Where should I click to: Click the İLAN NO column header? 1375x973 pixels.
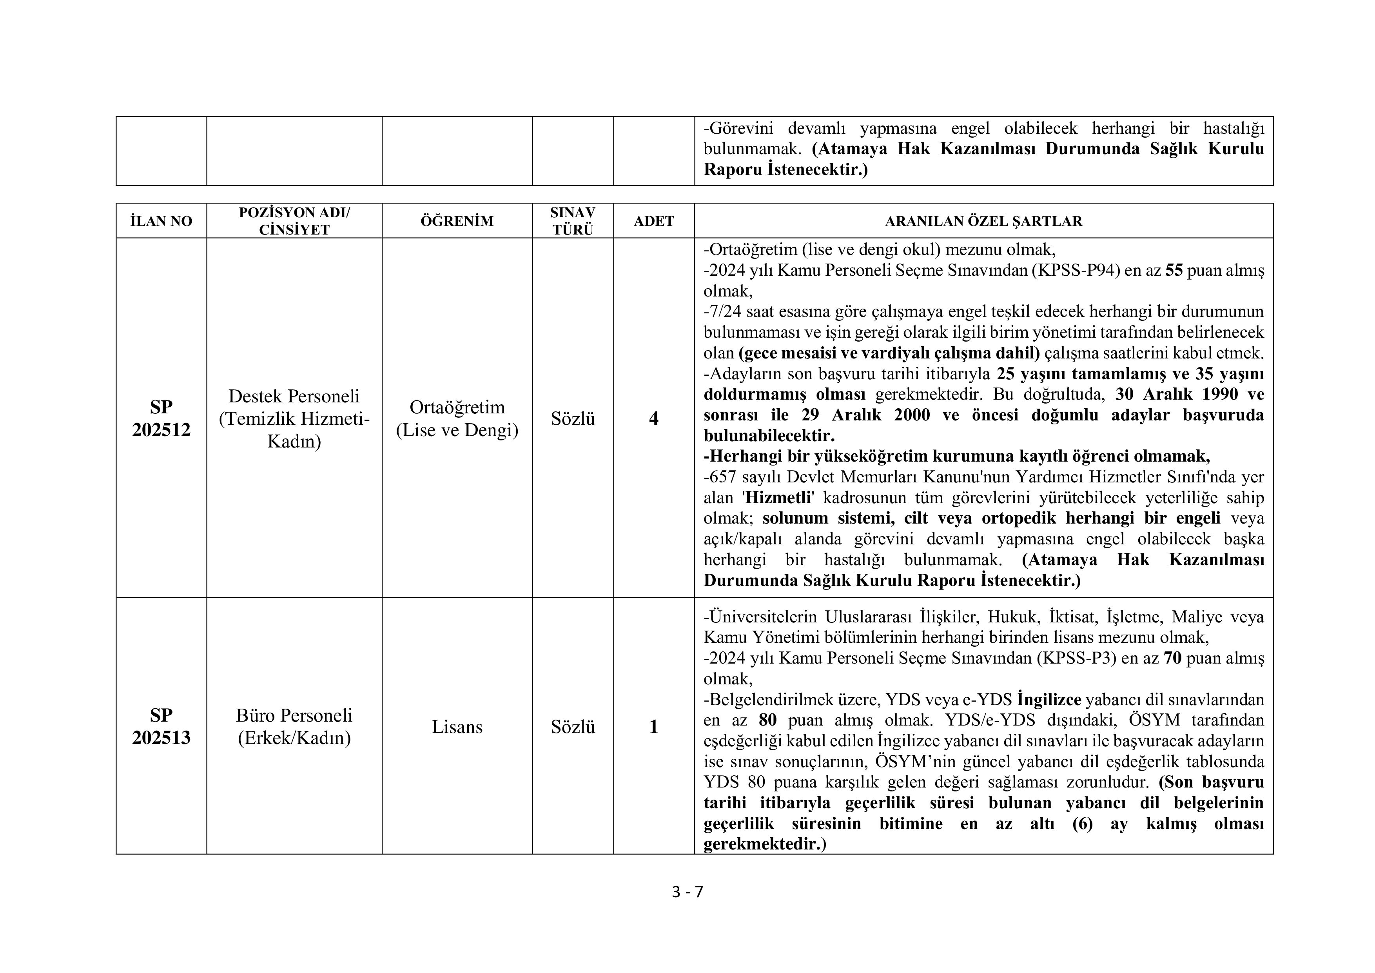tap(161, 221)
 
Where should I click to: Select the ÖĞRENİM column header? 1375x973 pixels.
tap(457, 221)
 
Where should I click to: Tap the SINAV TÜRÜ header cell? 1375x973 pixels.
tap(573, 221)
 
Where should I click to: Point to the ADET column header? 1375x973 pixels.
tap(654, 221)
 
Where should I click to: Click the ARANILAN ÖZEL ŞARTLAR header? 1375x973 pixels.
tap(983, 221)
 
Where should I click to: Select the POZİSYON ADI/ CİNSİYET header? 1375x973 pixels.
tap(294, 221)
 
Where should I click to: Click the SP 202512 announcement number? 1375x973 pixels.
tap(161, 418)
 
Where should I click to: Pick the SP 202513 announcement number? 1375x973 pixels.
tap(161, 726)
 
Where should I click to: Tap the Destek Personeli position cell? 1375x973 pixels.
tap(294, 418)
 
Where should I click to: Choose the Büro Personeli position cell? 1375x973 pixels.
tap(294, 726)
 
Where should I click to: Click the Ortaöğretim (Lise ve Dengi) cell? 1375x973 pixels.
tap(457, 418)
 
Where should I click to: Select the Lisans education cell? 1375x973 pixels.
tap(457, 727)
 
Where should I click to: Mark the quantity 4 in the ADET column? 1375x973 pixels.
tap(654, 418)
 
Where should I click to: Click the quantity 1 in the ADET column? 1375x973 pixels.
tap(654, 727)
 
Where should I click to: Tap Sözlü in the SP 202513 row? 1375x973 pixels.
tap(573, 727)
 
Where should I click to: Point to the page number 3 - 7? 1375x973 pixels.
tap(687, 892)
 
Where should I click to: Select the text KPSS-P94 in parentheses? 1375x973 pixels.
tap(1075, 270)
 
